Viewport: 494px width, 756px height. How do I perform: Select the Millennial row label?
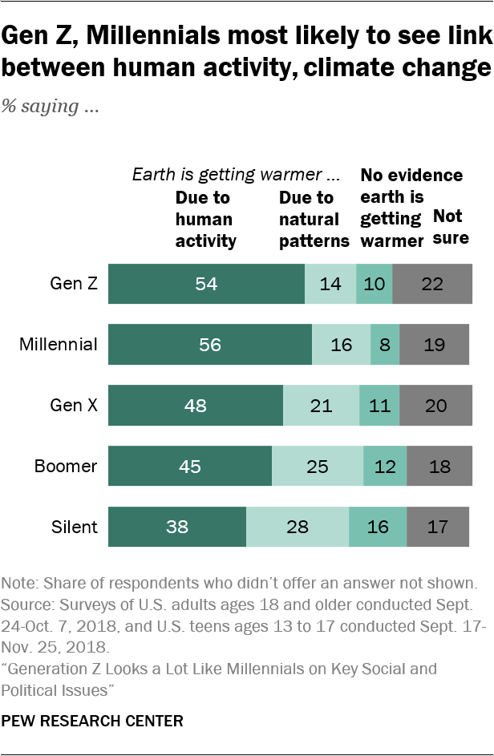click(x=59, y=345)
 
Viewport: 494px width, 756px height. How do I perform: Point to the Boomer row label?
click(x=66, y=467)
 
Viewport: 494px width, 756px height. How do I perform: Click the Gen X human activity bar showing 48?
click(x=196, y=406)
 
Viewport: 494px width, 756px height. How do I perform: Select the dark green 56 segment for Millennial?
click(x=210, y=345)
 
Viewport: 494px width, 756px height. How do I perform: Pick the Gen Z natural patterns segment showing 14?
click(x=330, y=284)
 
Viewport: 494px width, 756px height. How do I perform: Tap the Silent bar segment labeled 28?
click(x=298, y=527)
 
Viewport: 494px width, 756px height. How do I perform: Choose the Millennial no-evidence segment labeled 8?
click(x=385, y=345)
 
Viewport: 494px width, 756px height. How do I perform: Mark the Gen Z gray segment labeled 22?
click(x=432, y=284)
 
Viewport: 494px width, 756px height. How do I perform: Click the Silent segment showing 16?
click(x=378, y=527)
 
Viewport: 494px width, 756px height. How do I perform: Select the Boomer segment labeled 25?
click(x=318, y=467)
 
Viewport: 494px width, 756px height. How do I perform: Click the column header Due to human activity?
click(x=205, y=219)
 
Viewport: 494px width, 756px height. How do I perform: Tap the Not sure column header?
click(x=451, y=227)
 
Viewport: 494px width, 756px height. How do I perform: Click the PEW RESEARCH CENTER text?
click(x=92, y=721)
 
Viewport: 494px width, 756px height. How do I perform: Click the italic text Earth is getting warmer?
click(x=237, y=175)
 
